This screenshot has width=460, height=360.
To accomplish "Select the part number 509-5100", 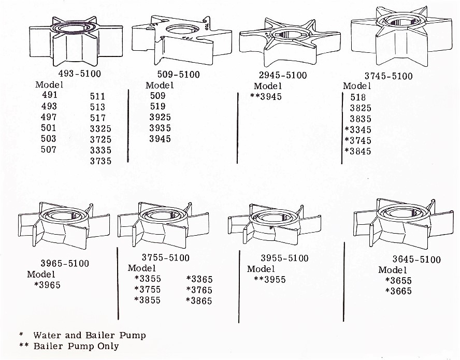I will pos(178,75).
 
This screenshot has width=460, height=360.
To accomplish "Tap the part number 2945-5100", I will pos(283,75).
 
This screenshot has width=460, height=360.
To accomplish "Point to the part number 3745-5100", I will pos(388,76).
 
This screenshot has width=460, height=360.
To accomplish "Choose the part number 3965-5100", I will pos(65,263).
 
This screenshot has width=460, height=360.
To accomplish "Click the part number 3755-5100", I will pos(165,257).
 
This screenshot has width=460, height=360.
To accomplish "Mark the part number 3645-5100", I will pos(416,259).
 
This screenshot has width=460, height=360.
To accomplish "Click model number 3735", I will pos(100,161).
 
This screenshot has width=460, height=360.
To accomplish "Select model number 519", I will pos(157,107).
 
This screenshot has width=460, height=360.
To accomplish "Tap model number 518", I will pos(358,97).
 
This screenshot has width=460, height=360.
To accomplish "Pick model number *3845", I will pos(358,151).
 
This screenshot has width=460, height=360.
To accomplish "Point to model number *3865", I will pos(199,300).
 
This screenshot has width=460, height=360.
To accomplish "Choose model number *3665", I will pos(398,291).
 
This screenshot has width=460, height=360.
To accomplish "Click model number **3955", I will pos(270,280).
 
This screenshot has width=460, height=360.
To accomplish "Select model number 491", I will pos(49,95).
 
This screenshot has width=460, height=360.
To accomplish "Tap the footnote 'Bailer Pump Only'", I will pos(76,346).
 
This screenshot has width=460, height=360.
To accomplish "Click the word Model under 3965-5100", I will pos(41,274).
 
